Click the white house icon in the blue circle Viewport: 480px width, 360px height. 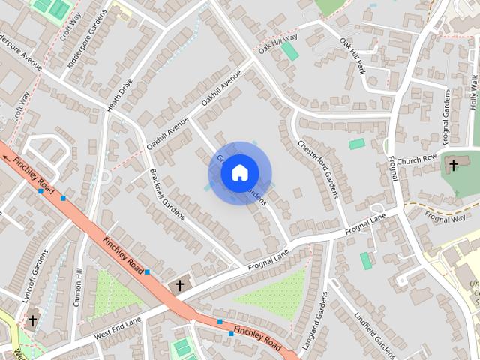(x=239, y=173)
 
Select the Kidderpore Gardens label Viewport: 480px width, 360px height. (x=82, y=49)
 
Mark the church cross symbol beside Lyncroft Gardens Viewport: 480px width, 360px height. (x=32, y=320)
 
